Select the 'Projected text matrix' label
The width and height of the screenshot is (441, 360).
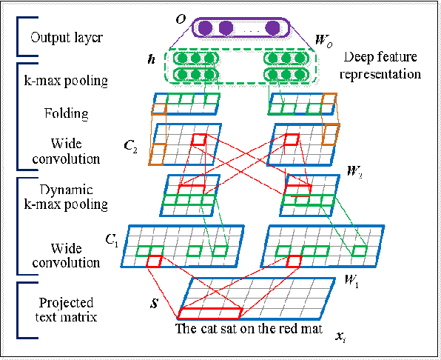64,309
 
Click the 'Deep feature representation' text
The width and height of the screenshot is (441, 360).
383,66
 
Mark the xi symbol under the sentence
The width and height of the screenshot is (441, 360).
339,338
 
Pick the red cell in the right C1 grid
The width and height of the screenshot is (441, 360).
294,260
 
